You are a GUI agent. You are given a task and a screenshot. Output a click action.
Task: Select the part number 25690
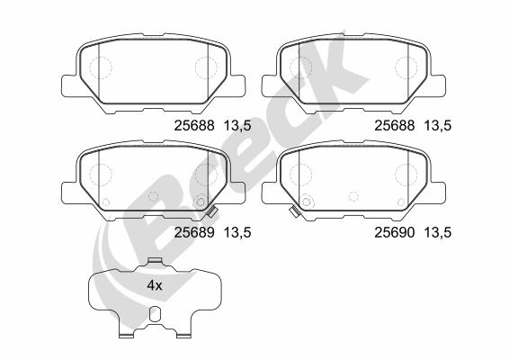pyautogui.click(x=392, y=232)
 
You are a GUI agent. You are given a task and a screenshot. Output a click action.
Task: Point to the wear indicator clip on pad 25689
pyautogui.click(x=211, y=214)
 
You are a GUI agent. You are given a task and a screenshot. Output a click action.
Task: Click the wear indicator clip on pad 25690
pyautogui.click(x=293, y=213)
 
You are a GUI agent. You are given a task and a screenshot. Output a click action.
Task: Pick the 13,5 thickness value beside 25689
pyautogui.click(x=236, y=232)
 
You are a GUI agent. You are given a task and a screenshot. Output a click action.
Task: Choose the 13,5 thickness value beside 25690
pyautogui.click(x=437, y=232)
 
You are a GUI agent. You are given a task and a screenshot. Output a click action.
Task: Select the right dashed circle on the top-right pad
pyautogui.click(x=408, y=68)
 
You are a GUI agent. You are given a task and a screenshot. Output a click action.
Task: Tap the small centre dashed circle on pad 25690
pyautogui.click(x=354, y=195)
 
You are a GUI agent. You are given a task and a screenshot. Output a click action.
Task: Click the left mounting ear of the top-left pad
pyautogui.click(x=68, y=85)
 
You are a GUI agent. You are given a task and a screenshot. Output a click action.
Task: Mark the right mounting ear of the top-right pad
pyautogui.click(x=442, y=85)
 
